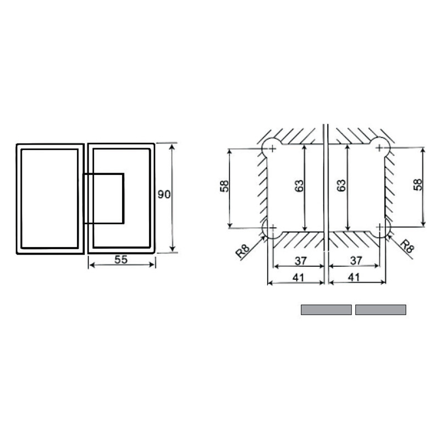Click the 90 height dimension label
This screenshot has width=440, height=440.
164,194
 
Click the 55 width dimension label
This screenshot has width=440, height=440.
121,260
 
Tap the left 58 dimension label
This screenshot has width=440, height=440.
224,186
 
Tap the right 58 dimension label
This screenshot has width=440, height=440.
417,185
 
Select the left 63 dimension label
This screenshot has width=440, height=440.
299,186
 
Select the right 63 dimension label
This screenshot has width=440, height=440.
341,185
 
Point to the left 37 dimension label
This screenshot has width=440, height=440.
300,261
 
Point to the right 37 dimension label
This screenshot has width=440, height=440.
356,261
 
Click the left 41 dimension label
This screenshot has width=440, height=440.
298,278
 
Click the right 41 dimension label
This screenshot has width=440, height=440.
354,278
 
